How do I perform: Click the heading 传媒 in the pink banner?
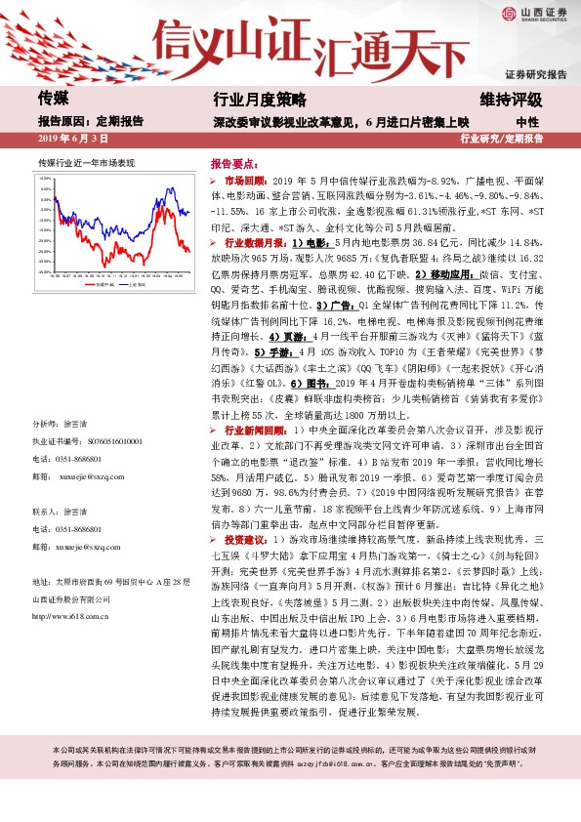[53, 99]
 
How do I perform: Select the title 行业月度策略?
[259, 100]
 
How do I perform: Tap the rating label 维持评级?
[510, 100]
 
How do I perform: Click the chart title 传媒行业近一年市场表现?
[86, 162]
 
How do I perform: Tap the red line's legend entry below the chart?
[85, 287]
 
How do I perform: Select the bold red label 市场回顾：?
[246, 183]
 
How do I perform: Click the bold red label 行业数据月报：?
[256, 240]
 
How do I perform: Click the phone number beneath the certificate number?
[81, 458]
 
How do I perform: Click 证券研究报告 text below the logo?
[535, 74]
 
